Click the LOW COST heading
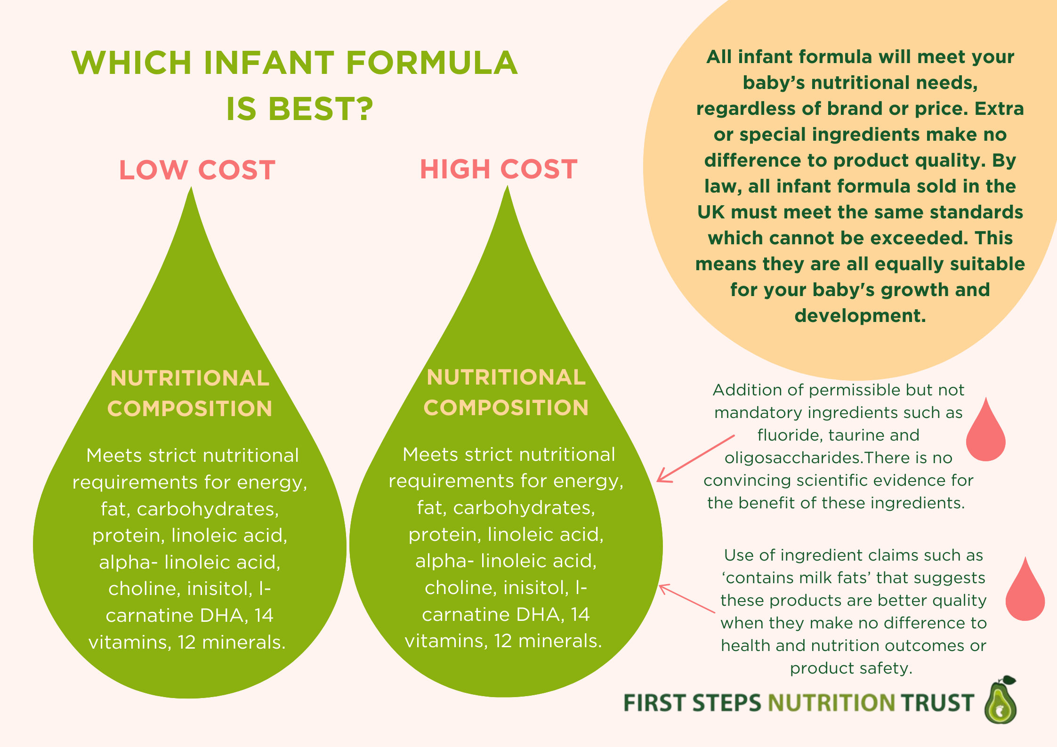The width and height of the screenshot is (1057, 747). (x=197, y=170)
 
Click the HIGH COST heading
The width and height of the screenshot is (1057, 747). (x=498, y=169)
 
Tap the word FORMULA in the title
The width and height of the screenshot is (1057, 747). (x=432, y=63)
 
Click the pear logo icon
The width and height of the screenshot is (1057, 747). (x=1000, y=700)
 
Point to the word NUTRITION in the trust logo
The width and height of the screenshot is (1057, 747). (x=831, y=703)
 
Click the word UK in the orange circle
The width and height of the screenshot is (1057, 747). (x=711, y=212)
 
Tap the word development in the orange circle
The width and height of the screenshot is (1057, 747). (x=859, y=316)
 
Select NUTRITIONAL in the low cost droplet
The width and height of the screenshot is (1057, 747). (x=190, y=378)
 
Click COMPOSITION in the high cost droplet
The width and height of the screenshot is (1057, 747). (x=506, y=408)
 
